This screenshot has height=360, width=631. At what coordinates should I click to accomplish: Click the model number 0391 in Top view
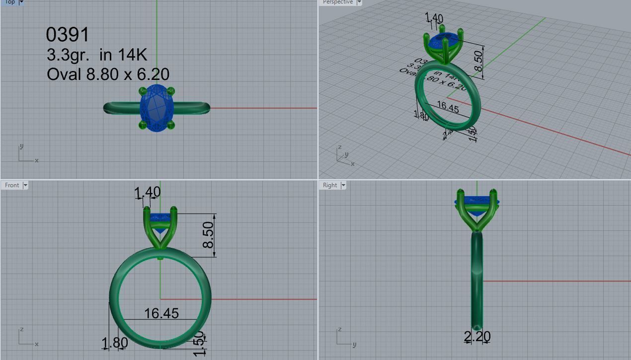68,35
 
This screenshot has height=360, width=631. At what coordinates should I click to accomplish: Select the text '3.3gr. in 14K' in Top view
97,55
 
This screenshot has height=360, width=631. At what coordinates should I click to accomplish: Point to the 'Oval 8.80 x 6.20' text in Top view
108,74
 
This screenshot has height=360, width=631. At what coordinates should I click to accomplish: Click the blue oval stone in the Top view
157,108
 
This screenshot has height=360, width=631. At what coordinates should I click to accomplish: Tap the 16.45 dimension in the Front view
161,313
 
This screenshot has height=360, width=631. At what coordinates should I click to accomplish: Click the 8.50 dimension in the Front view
209,235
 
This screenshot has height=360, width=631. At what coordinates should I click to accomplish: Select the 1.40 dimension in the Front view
148,192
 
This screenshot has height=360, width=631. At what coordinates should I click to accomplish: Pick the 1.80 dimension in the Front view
115,343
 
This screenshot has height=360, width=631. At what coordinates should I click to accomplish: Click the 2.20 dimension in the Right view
477,337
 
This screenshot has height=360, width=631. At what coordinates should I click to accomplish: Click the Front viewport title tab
12,185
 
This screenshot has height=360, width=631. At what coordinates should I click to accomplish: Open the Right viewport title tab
330,185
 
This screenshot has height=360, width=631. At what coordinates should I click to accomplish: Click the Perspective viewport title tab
337,2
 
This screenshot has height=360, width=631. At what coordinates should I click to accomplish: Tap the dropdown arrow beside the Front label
25,185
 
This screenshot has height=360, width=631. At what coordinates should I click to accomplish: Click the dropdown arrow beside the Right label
343,185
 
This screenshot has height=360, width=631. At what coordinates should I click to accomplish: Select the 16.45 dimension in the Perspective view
447,107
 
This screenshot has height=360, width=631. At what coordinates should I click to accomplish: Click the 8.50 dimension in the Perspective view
478,61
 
